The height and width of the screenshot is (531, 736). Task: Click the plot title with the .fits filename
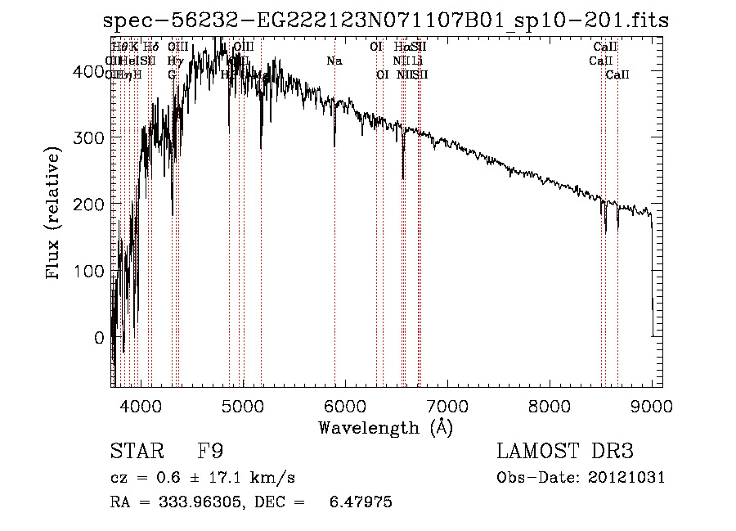[x=385, y=20]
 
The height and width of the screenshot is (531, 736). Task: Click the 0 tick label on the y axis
[x=99, y=337]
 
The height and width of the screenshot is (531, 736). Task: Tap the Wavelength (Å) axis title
[x=385, y=426]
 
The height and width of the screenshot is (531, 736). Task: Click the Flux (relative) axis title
[x=55, y=214]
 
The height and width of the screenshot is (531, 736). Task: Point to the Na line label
[x=334, y=61]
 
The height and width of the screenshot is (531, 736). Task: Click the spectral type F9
[x=210, y=452]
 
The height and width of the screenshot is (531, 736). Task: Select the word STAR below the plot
[x=132, y=452]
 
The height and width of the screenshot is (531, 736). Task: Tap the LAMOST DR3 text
[x=565, y=452]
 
